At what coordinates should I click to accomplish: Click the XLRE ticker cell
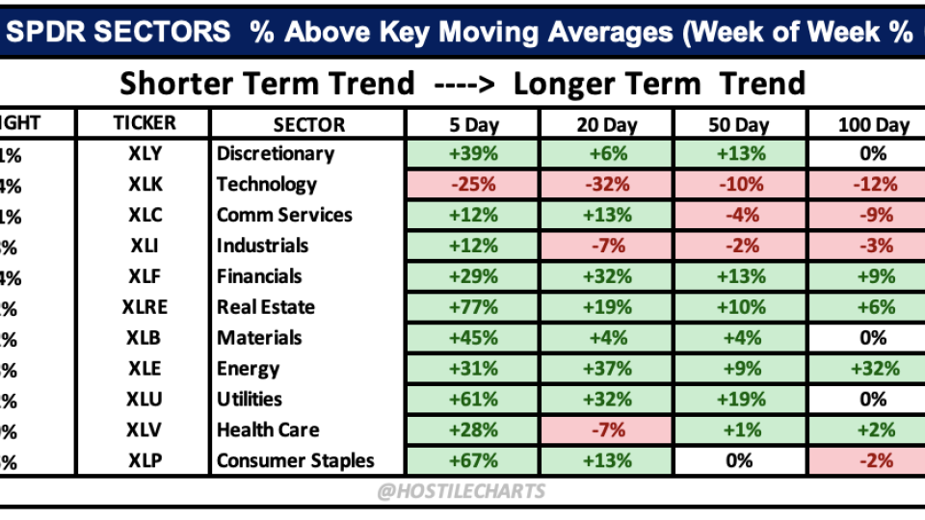(145, 307)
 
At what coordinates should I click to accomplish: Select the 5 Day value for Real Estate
(472, 307)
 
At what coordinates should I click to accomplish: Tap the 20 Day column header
(606, 124)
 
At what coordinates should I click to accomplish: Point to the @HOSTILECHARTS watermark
(462, 491)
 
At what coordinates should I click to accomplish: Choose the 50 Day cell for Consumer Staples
(739, 460)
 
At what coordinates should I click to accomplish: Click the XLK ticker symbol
(145, 184)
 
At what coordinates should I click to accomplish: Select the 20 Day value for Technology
(606, 184)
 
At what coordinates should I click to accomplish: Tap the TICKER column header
(145, 123)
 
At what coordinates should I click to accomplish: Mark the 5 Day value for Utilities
(472, 399)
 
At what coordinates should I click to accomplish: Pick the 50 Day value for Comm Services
(739, 215)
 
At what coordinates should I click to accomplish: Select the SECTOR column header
(308, 124)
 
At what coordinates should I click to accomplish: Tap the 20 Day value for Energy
(606, 369)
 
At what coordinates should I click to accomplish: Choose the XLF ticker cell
(145, 276)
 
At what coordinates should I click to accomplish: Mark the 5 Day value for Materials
(472, 338)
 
